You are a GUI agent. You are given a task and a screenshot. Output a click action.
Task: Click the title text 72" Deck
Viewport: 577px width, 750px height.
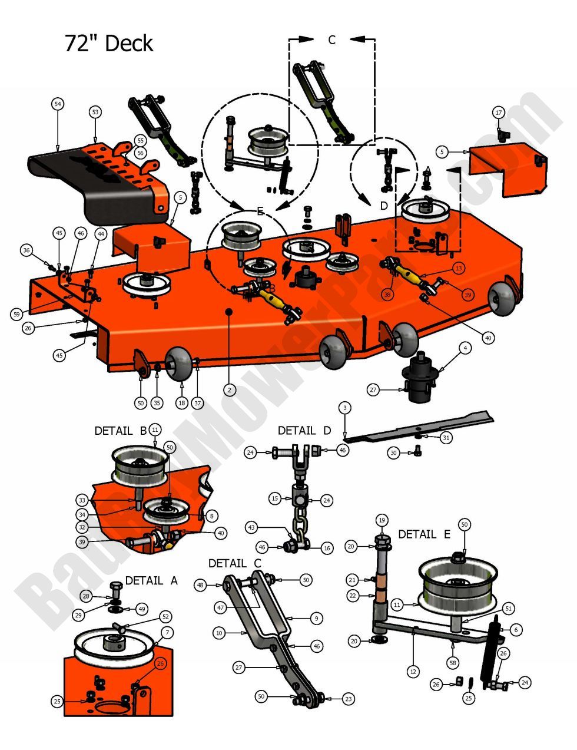(108, 44)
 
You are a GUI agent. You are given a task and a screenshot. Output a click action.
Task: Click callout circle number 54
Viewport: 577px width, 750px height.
(57, 104)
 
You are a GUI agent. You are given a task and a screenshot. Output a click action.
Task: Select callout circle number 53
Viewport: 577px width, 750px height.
(95, 112)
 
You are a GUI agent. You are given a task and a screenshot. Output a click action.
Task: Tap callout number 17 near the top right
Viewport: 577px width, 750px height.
(498, 113)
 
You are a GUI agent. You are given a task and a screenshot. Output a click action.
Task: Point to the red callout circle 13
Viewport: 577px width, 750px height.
(459, 268)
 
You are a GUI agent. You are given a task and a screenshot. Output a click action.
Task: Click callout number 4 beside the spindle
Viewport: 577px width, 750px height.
(465, 349)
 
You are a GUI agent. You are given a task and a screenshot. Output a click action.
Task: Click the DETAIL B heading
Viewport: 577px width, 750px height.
(120, 431)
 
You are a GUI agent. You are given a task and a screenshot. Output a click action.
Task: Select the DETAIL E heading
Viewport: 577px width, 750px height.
(424, 534)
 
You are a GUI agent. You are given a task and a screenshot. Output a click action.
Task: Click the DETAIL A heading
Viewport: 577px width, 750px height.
(151, 580)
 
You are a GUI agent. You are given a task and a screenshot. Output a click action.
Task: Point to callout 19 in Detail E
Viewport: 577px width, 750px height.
(382, 520)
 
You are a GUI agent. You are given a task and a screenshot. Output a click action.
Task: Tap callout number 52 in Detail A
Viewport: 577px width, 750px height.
(165, 616)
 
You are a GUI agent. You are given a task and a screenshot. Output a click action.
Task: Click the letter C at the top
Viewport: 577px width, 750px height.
(331, 40)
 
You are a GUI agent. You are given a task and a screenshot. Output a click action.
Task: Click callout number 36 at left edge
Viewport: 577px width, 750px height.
(26, 250)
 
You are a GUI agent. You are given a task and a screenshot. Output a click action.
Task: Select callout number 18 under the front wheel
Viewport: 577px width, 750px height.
(181, 403)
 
